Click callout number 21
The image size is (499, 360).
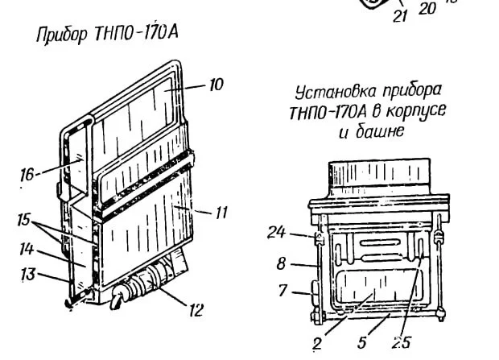401,15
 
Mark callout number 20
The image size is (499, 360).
427,9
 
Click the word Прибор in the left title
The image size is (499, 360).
61,37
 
